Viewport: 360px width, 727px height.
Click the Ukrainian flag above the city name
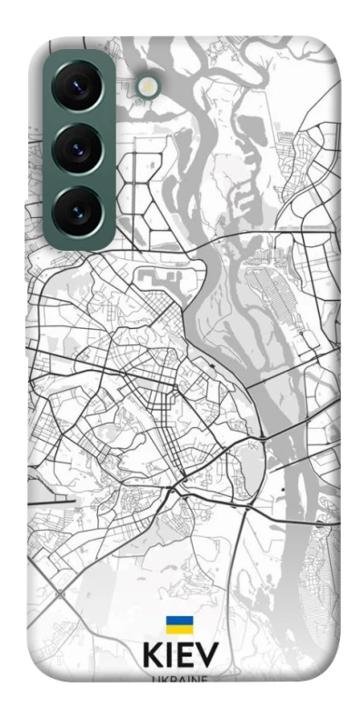coord(179,626)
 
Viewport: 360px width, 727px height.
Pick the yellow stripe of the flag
coord(179,631)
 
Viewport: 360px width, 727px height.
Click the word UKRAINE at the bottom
coord(179,679)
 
